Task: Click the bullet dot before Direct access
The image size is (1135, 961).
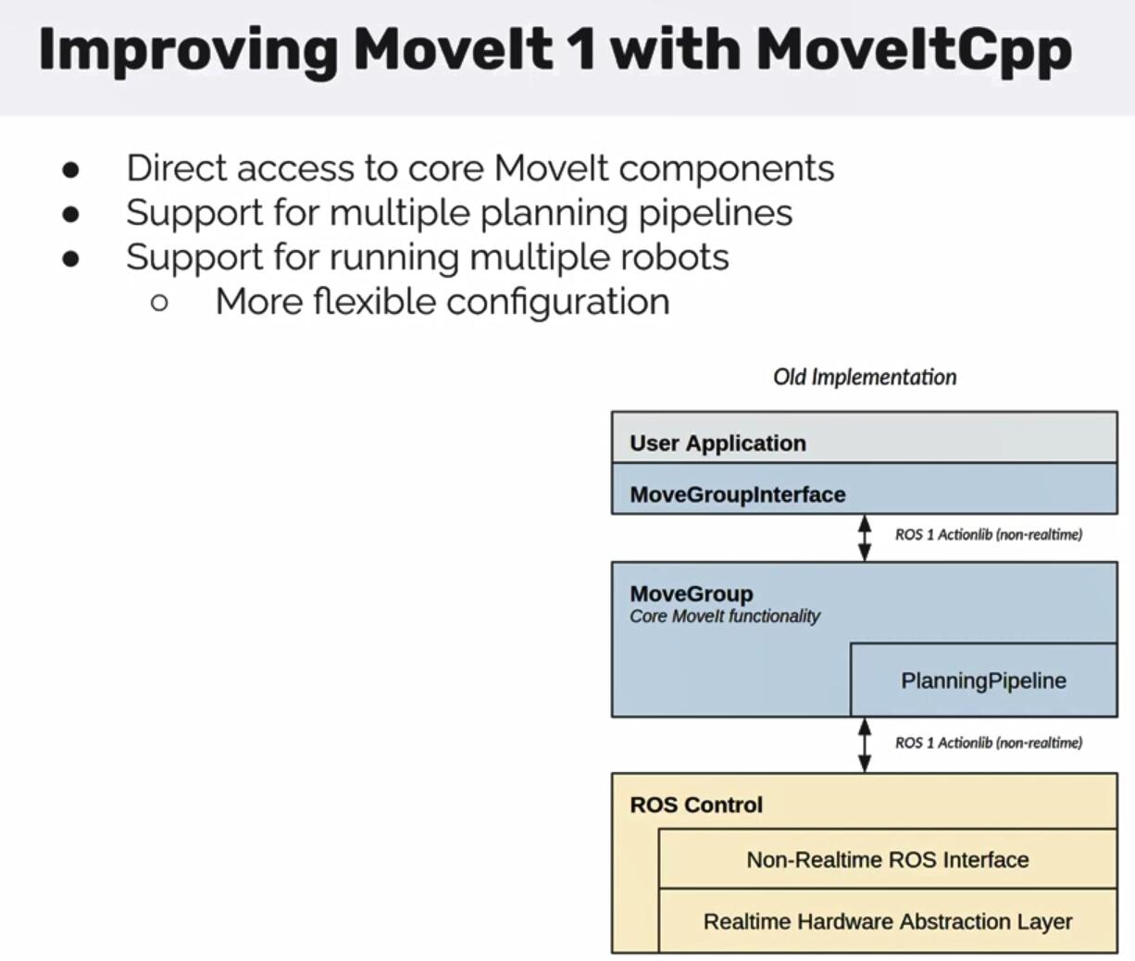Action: (x=71, y=169)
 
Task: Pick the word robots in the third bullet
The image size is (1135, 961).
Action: (x=676, y=256)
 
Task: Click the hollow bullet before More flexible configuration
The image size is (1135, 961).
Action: (x=159, y=302)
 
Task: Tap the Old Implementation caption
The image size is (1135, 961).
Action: (x=865, y=377)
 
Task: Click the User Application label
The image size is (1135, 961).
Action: (x=717, y=443)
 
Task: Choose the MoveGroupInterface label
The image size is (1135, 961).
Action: (x=737, y=494)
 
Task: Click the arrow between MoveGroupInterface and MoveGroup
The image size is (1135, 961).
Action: (x=865, y=538)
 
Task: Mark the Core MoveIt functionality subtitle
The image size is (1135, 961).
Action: (x=725, y=617)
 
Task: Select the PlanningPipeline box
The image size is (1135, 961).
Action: (x=983, y=680)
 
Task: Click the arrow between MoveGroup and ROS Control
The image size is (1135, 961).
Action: (x=865, y=745)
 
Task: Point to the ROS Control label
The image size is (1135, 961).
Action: (x=696, y=805)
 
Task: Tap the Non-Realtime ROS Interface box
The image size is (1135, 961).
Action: (x=887, y=860)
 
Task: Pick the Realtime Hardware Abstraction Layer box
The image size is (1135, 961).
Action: (x=887, y=922)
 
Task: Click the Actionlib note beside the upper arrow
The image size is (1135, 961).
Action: (x=988, y=534)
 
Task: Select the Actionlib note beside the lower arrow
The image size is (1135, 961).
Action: (x=988, y=743)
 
